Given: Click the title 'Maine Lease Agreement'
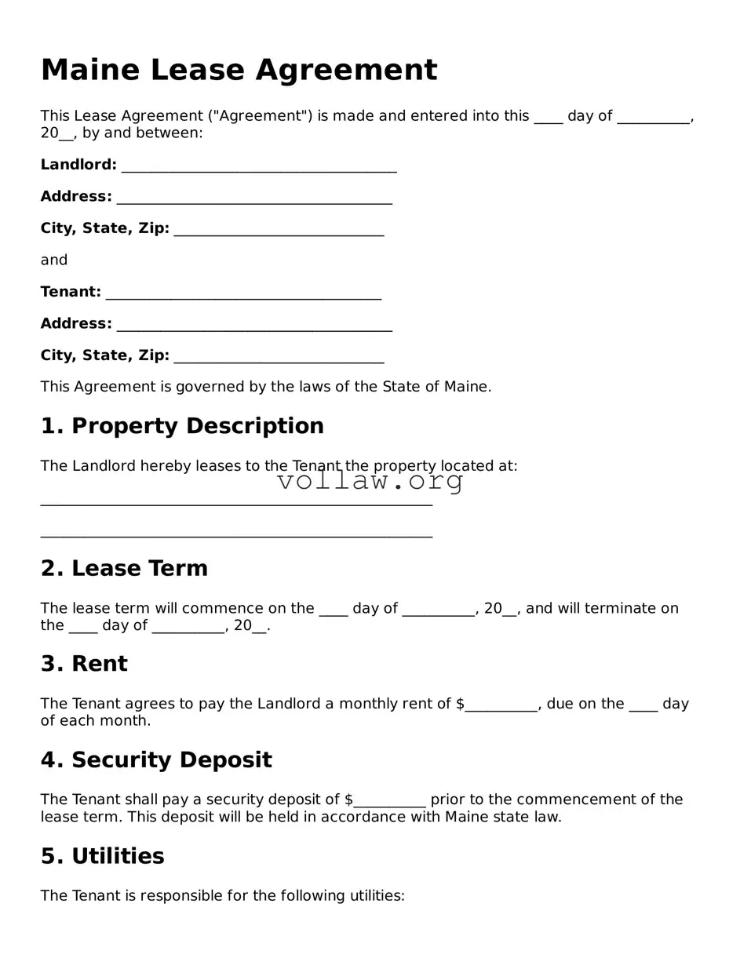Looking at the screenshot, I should click(x=239, y=70).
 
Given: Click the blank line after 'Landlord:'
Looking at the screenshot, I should click(x=259, y=168).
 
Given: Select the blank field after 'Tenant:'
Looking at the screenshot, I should click(x=243, y=295).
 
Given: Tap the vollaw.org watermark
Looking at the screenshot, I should click(x=370, y=481).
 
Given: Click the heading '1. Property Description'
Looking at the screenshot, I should click(x=182, y=426).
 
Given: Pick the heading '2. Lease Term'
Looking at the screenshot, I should click(x=124, y=568).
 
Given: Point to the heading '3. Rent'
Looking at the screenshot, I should click(x=84, y=664).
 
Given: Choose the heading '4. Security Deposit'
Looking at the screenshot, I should click(x=156, y=759).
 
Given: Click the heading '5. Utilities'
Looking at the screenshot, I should click(x=102, y=855).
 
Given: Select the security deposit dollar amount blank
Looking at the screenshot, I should click(x=390, y=802).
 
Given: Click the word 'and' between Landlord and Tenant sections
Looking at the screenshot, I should click(x=54, y=260).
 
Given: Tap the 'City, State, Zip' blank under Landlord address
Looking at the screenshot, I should click(x=279, y=231).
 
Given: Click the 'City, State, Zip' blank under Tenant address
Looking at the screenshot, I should click(x=279, y=359).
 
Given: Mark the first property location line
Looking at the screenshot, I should click(x=236, y=503).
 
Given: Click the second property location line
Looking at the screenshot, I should click(x=236, y=535).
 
